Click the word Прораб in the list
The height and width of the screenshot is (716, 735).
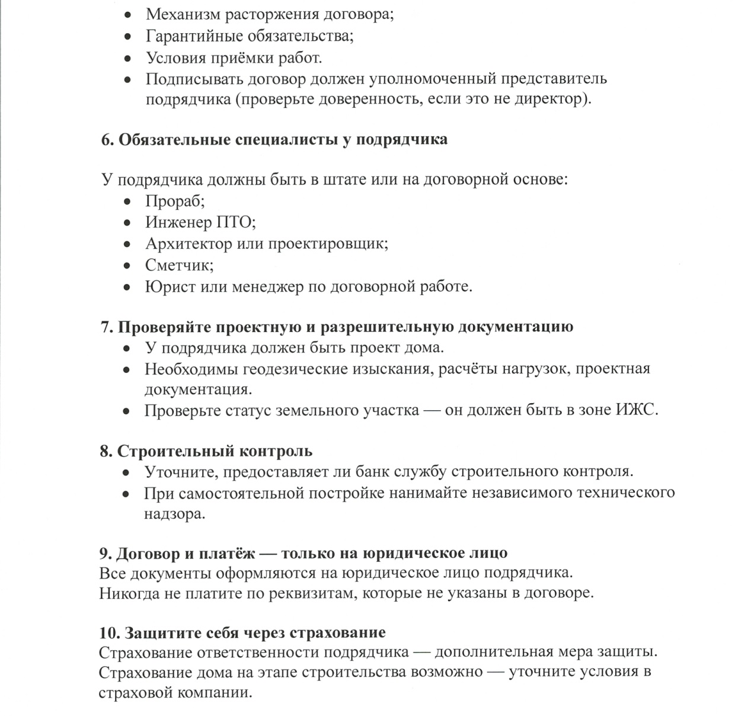pyautogui.click(x=174, y=201)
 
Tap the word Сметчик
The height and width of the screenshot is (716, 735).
pyautogui.click(x=178, y=265)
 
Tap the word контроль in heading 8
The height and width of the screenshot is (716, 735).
pyautogui.click(x=275, y=451)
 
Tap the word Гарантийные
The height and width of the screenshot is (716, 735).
pyautogui.click(x=193, y=36)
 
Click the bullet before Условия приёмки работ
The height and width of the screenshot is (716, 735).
pyautogui.click(x=127, y=59)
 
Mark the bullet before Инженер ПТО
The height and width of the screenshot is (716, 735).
pyautogui.click(x=127, y=223)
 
